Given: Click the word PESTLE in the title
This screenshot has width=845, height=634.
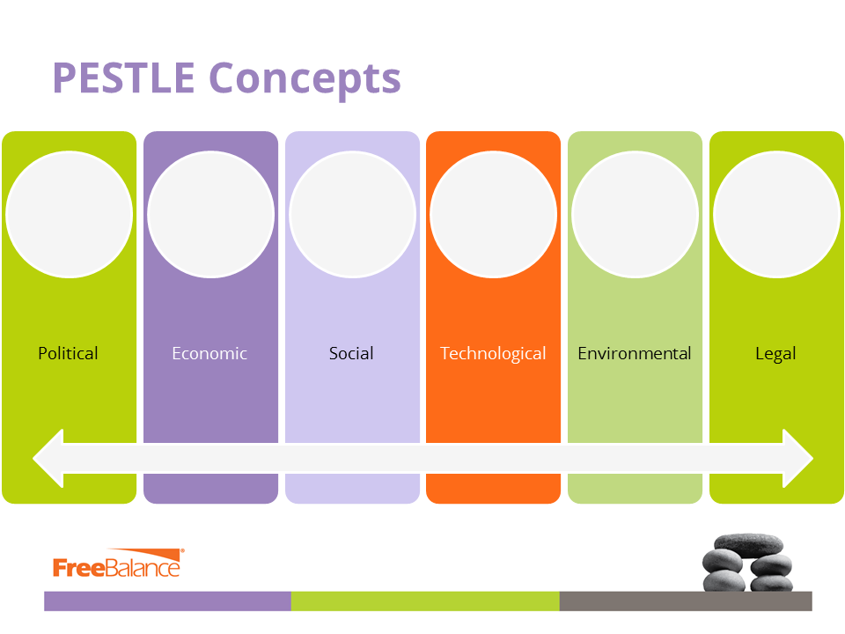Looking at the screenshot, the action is [x=123, y=77].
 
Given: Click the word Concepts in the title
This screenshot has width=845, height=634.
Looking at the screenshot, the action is [x=305, y=80].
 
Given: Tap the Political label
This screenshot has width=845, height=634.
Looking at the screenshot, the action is [x=68, y=353].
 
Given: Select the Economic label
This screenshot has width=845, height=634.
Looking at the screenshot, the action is [x=209, y=353].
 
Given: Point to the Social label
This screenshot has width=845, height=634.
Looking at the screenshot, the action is [x=351, y=353].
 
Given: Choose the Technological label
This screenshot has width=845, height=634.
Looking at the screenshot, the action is [x=493, y=354].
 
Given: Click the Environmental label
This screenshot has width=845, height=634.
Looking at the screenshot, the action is [x=635, y=353].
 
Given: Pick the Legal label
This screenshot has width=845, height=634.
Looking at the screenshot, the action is [x=775, y=354].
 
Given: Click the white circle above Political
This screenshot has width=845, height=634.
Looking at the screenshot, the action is [x=69, y=215].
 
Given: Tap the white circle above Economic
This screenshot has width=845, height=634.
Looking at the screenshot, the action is [x=210, y=215].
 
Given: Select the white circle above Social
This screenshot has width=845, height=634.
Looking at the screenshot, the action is [x=352, y=215].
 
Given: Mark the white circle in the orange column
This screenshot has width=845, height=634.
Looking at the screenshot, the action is [x=494, y=215].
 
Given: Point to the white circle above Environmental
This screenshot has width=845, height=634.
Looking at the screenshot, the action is [x=636, y=215].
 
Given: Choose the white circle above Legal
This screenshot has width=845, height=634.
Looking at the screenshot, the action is [x=777, y=215].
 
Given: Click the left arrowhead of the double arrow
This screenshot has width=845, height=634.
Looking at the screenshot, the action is [x=48, y=458].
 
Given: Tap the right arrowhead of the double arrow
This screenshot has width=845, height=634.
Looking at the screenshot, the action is [x=797, y=458].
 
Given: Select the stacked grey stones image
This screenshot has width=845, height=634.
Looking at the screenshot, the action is [x=747, y=563].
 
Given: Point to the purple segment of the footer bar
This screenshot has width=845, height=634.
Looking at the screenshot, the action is [x=167, y=601].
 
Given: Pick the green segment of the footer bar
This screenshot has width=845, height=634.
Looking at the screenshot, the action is [x=425, y=601].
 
